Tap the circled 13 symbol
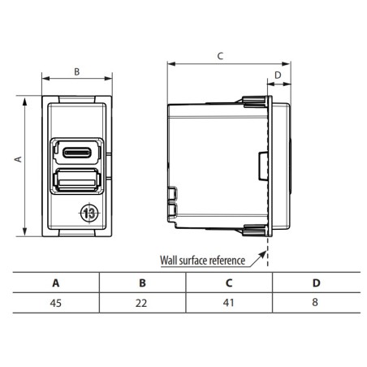click(x=88, y=214)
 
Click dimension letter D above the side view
click(x=278, y=76)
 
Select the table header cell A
click(x=55, y=283)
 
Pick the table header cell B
click(x=142, y=283)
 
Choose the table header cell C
click(x=228, y=283)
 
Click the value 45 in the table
click(x=55, y=302)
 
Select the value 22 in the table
click(x=142, y=302)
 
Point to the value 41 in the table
click(x=228, y=302)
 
